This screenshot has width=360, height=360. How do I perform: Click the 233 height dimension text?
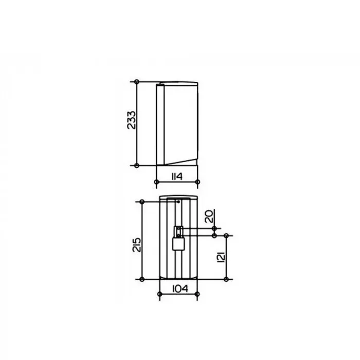[132, 120]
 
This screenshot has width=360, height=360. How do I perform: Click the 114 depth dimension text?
[177, 176]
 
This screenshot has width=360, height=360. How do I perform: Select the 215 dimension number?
[137, 245]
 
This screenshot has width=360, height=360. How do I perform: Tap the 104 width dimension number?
[180, 289]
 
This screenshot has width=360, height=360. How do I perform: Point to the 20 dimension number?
[209, 217]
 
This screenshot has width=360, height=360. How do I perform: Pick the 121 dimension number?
[221, 257]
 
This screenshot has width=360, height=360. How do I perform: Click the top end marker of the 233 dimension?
[137, 81]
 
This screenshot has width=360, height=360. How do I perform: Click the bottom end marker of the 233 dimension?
[137, 165]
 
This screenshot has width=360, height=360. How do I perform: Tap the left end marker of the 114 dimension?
[156, 182]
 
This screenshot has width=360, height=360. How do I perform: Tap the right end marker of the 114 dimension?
[197, 182]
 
